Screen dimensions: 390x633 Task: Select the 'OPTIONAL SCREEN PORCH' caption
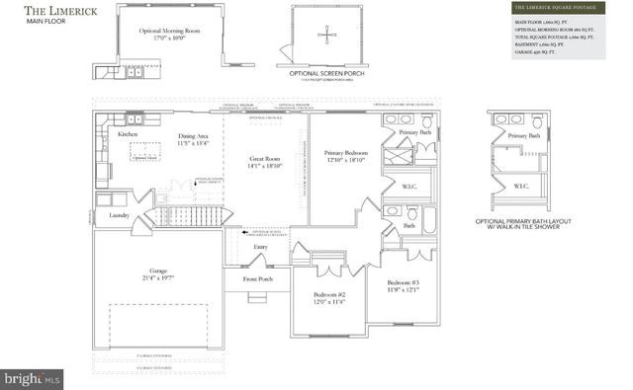(328, 74)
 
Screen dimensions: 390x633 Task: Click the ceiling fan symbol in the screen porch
(326, 37)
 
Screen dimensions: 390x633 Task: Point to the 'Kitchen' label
(128, 134)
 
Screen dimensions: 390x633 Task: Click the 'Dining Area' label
(193, 136)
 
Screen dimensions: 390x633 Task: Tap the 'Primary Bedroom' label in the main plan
(346, 152)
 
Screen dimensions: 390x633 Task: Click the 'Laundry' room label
(120, 214)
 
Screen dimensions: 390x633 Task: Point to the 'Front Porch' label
(258, 278)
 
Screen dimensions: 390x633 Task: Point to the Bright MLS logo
(32, 378)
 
